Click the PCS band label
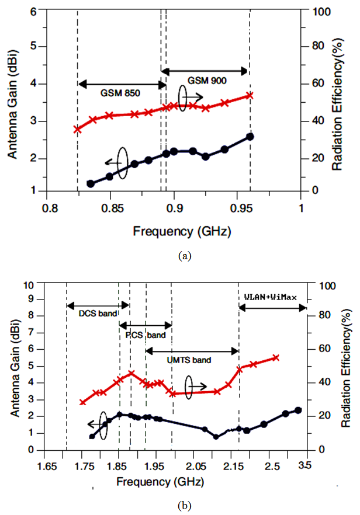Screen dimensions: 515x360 click(x=146, y=335)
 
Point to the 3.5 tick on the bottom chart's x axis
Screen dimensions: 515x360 click(x=305, y=465)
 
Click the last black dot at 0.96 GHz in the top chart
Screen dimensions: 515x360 click(x=250, y=137)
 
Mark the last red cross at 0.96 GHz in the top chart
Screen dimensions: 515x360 click(x=250, y=95)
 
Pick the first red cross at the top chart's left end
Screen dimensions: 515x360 click(x=77, y=129)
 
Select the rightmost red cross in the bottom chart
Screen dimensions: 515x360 click(x=276, y=358)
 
